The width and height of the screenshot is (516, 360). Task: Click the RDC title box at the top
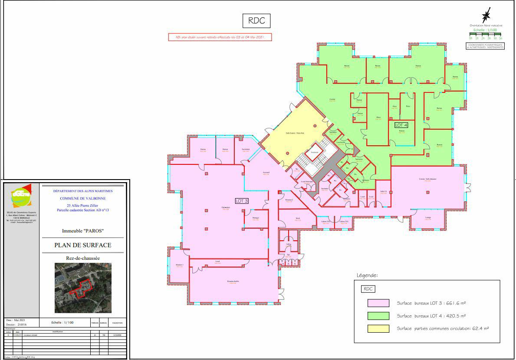pos(256,20)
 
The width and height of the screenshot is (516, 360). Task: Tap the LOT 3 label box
pos(241,201)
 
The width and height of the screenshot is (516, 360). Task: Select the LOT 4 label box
pos(401,124)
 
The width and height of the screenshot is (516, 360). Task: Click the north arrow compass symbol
pos(486,15)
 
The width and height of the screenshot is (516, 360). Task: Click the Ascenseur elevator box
pos(315,153)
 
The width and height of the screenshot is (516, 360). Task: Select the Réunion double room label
pos(233,281)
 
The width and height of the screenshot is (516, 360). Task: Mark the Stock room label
pos(298,219)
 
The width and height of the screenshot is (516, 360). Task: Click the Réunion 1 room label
pos(180,265)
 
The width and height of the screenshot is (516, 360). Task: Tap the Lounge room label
pos(428,218)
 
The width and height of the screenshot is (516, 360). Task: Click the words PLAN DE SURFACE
pos(82,245)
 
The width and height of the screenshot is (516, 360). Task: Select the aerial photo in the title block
pos(83,288)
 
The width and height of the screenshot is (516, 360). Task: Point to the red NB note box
pos(220,38)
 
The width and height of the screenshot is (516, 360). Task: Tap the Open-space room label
pos(226,207)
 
